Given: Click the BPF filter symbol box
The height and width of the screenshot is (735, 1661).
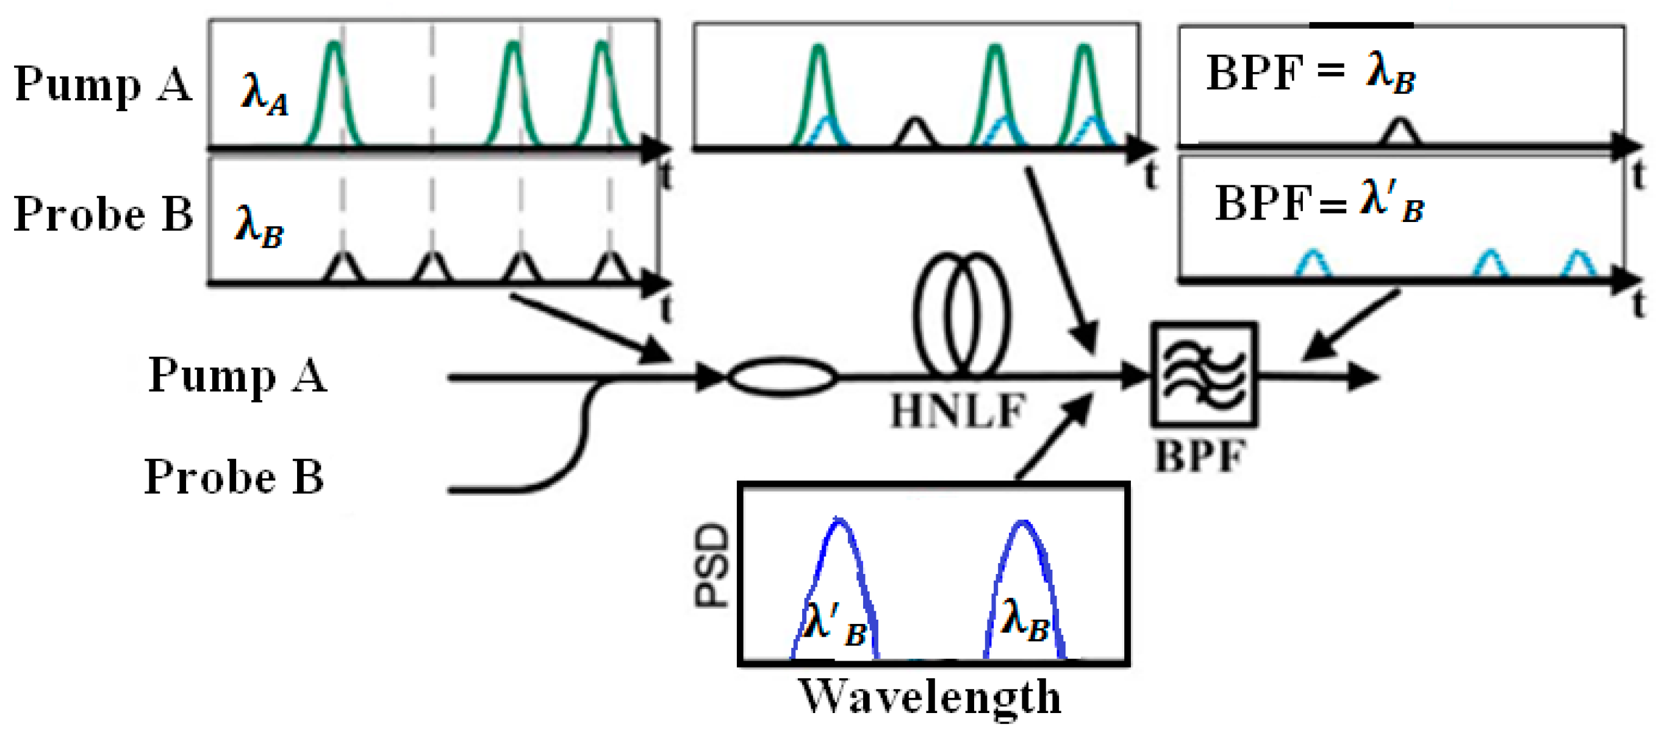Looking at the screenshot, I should pos(1203,375).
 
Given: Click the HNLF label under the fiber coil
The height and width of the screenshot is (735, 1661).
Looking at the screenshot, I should pos(957,411).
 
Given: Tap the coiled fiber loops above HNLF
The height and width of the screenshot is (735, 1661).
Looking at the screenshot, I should pos(961,314).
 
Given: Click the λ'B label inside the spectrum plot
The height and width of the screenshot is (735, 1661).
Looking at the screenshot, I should pos(834,625).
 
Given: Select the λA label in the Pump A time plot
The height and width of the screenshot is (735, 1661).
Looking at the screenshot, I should pos(264,94).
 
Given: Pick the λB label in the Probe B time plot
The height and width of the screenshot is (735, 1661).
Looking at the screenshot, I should pos(259,226).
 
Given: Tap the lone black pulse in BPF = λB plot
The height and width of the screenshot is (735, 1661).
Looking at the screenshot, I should pos(1399,132).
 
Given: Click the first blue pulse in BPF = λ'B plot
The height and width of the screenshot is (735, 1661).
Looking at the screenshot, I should pos(1313,263).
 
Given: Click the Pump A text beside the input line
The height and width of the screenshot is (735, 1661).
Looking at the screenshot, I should pos(237,375).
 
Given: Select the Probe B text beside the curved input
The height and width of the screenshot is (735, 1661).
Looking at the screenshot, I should pos(234,477).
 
